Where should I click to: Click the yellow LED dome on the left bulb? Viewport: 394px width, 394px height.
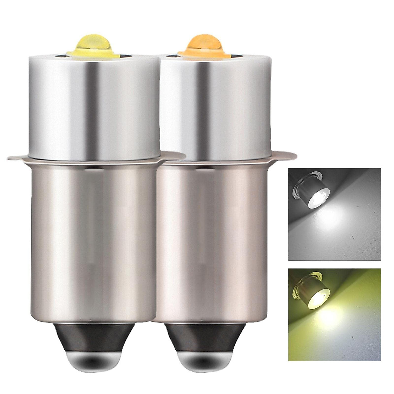pyautogui.click(x=84, y=44)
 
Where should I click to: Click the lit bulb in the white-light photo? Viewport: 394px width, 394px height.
pyautogui.click(x=309, y=192)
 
